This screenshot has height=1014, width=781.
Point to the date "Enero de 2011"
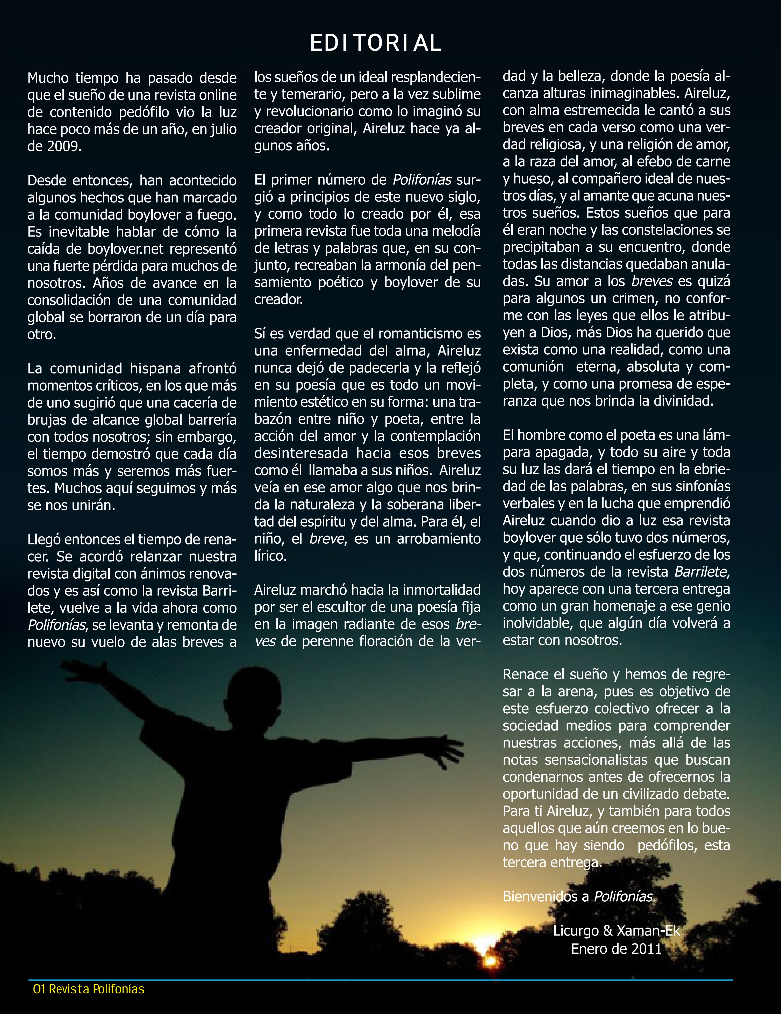[616, 948]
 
